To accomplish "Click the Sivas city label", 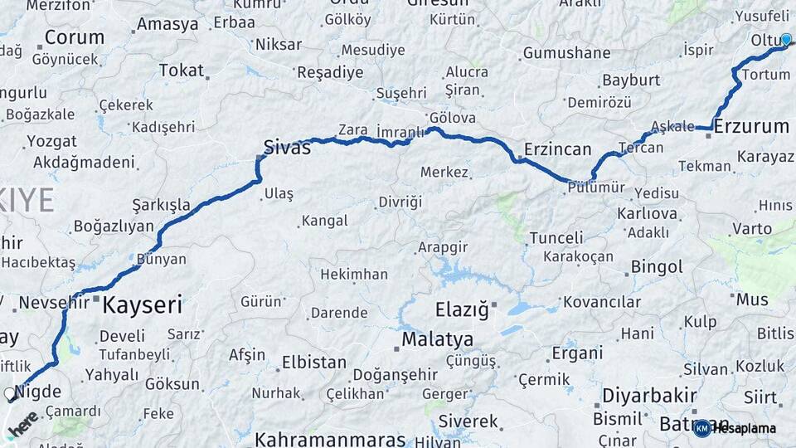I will click(287, 148).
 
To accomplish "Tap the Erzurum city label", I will click(751, 127).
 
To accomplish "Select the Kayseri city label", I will click(142, 305).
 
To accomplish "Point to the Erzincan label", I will click(557, 149).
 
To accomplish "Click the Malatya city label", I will click(438, 339).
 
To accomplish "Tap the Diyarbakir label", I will click(649, 394).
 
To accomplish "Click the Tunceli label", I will click(556, 238).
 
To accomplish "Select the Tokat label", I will click(181, 71).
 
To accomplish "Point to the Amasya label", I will click(167, 24).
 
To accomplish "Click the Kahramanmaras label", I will click(330, 439).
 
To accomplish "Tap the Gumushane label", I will click(566, 53).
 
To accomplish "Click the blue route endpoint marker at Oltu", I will click(786, 38).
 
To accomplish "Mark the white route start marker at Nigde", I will click(10, 394).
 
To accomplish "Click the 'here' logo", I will click(22, 423).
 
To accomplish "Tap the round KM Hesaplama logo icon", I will click(702, 428).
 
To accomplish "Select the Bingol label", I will click(657, 267).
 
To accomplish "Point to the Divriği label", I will click(400, 202).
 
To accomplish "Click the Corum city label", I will click(75, 37).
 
